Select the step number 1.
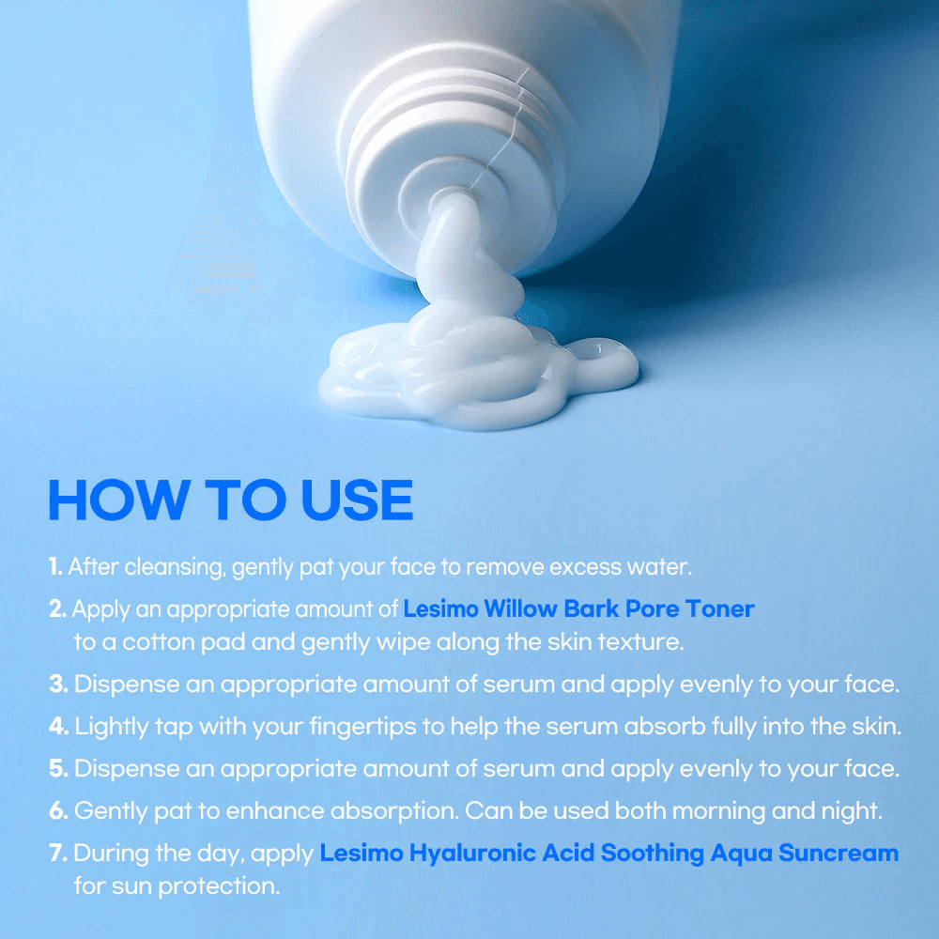(x=55, y=567)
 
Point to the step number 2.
(x=57, y=609)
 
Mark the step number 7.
(x=58, y=854)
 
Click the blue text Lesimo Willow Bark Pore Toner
(x=578, y=609)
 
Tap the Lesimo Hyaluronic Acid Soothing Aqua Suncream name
(x=608, y=854)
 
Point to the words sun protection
(x=192, y=885)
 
